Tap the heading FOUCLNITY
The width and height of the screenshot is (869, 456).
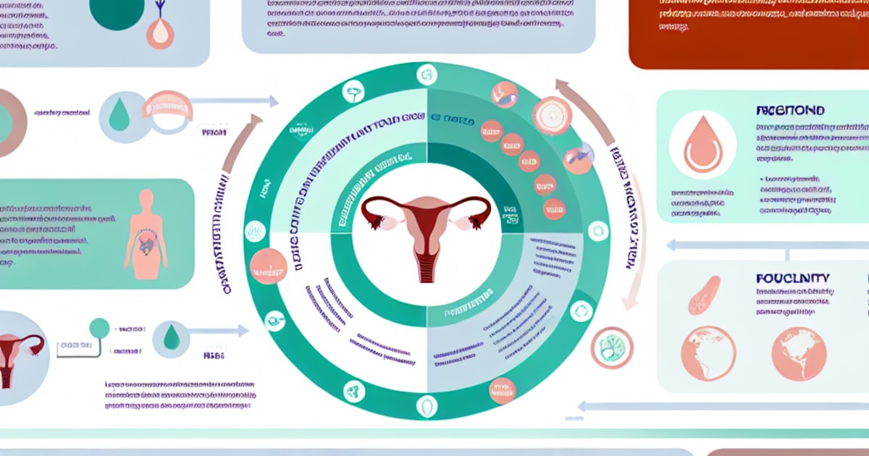[x=793, y=278]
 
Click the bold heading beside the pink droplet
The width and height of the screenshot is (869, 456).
[x=789, y=111]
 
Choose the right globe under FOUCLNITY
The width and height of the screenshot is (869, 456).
[x=799, y=353]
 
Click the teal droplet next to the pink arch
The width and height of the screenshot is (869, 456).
[x=119, y=114]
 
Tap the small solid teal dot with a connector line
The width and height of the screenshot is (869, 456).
[x=99, y=328]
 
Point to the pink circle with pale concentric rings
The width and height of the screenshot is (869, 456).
[x=553, y=115]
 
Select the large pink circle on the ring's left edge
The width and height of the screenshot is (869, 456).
[x=267, y=266]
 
